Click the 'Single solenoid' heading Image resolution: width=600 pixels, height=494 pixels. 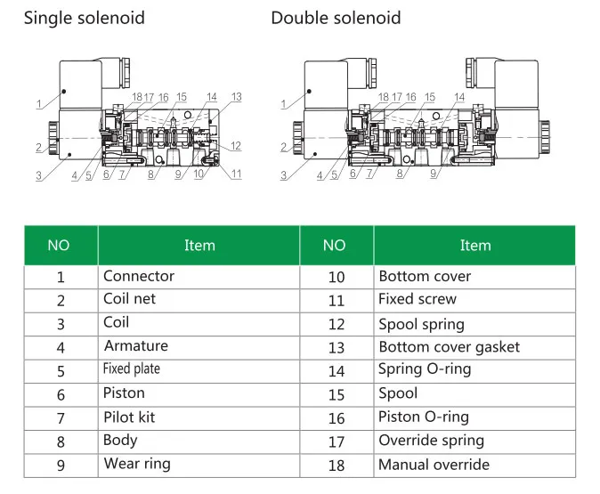(x=84, y=18)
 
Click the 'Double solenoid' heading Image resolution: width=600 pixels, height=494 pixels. (x=336, y=18)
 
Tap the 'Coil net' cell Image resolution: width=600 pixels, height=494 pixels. (x=129, y=299)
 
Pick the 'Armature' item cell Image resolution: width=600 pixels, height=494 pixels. (x=135, y=345)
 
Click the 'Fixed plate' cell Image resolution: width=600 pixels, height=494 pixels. (x=132, y=368)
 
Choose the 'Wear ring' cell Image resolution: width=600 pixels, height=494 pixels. (x=136, y=463)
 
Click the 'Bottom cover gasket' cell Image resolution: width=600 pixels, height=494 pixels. (x=449, y=346)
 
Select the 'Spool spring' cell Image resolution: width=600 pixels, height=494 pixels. (x=421, y=324)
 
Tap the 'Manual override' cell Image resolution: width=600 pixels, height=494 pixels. (x=434, y=464)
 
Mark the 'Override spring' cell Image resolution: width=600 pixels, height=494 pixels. (x=431, y=440)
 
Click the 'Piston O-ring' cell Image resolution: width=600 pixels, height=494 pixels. (x=423, y=417)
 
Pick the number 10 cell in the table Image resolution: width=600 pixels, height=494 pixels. (x=336, y=277)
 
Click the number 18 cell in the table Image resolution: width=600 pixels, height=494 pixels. (x=336, y=464)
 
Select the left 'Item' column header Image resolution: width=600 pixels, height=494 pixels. (x=199, y=246)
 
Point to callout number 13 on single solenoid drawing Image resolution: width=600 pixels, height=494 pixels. (x=236, y=97)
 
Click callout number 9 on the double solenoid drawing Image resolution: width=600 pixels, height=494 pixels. (x=434, y=174)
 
